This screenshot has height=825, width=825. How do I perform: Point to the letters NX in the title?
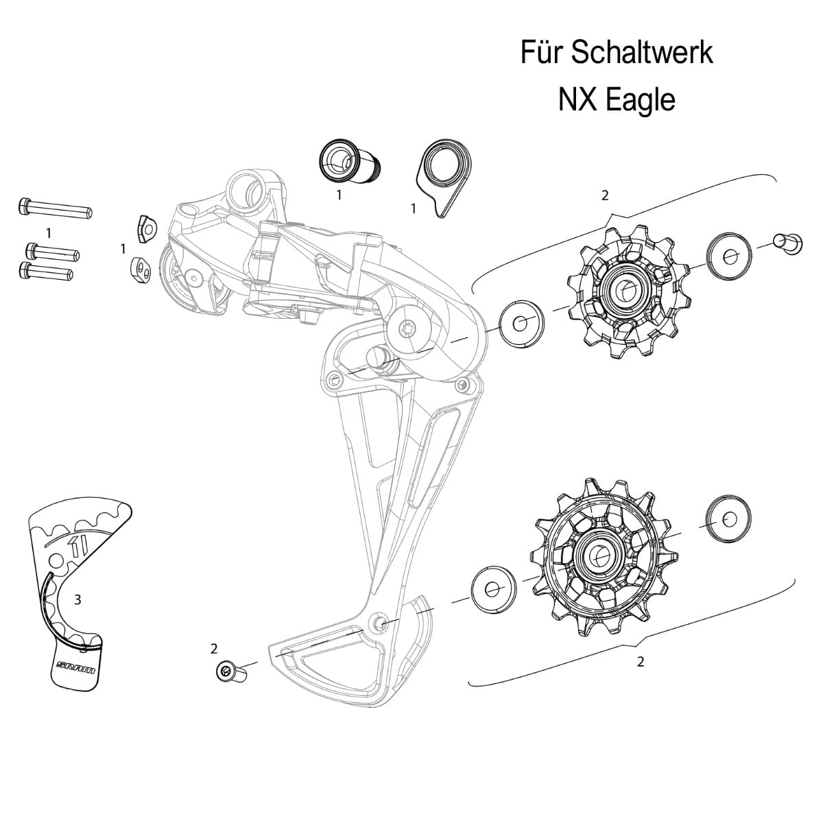coord(578,100)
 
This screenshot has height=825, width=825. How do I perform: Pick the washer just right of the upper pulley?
coord(728,256)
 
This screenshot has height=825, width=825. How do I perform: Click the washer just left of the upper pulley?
coord(521,321)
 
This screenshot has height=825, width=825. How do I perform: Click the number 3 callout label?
coord(77,599)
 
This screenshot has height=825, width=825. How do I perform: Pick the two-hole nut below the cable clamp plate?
coord(141,270)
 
